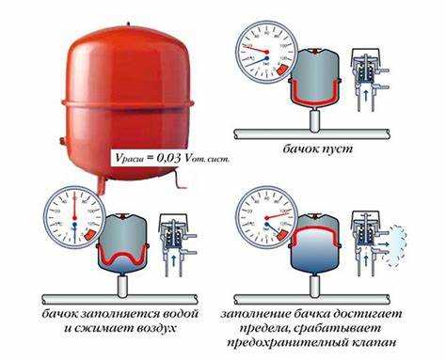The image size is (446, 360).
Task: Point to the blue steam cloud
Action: tap(402, 234)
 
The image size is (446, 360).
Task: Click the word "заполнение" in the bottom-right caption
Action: tap(267, 312)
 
